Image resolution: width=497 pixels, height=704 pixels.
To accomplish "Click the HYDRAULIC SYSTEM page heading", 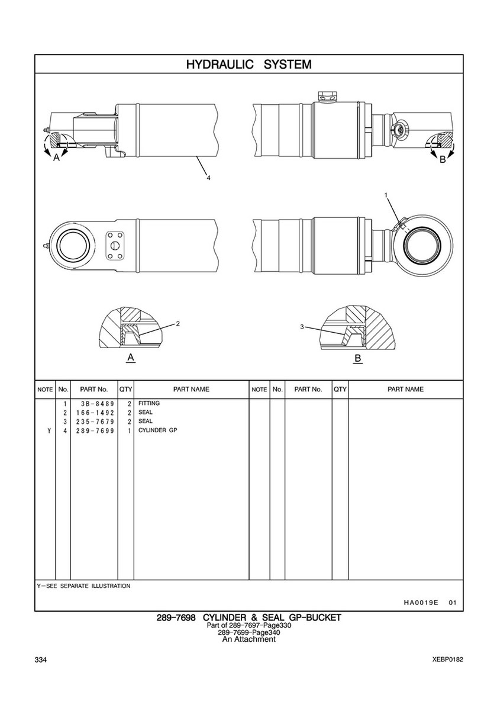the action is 248,64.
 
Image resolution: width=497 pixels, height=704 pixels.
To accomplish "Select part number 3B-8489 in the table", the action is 95,404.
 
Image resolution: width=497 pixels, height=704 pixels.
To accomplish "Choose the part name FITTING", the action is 149,403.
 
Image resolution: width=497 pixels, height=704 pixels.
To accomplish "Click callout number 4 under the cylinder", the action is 208,178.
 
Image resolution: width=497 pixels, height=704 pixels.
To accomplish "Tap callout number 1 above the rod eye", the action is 386,195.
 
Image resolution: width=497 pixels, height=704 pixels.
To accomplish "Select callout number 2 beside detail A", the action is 178,323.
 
